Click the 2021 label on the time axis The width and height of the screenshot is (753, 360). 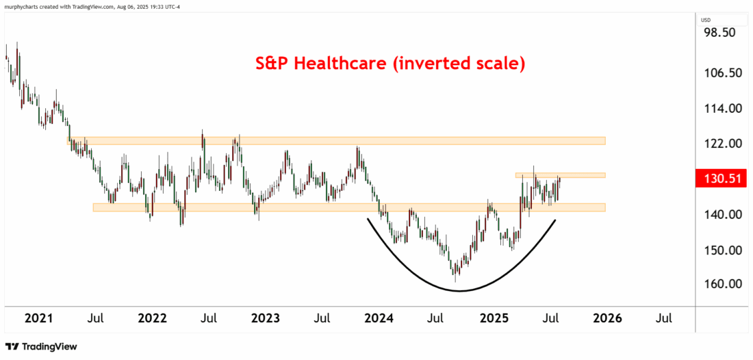[x=38, y=318]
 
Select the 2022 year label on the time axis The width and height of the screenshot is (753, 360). [x=152, y=318]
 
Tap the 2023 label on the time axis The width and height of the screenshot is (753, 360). [x=266, y=318]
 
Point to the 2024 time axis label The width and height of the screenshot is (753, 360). [x=379, y=318]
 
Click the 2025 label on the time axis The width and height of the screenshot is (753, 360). [x=493, y=318]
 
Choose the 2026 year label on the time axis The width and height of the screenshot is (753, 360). [x=607, y=318]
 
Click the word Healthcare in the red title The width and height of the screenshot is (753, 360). [x=344, y=64]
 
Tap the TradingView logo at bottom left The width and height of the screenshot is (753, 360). [x=41, y=347]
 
